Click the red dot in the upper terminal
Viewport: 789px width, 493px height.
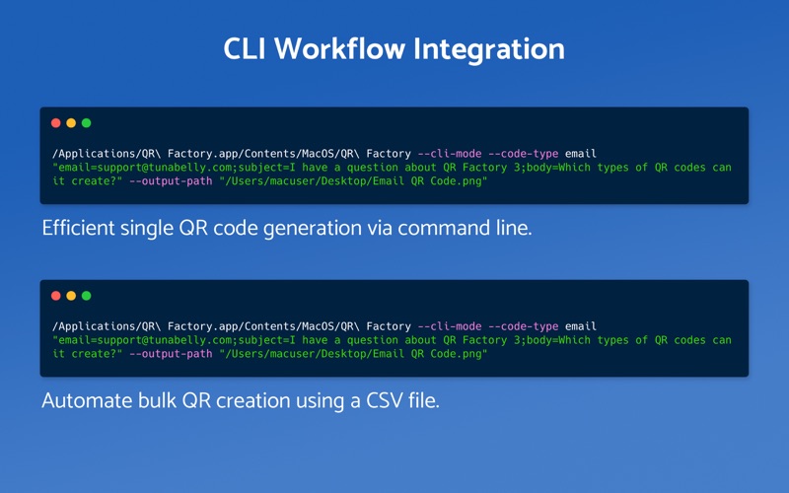point(56,123)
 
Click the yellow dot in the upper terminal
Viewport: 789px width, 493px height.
point(71,123)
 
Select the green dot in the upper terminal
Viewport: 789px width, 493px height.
point(86,123)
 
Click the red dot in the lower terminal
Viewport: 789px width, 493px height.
point(56,296)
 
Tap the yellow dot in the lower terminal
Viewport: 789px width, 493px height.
point(71,296)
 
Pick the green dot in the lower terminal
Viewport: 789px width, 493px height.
point(86,296)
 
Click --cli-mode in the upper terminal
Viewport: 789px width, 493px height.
point(450,154)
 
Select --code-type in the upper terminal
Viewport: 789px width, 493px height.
point(524,154)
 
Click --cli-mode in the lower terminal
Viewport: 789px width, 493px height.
point(450,326)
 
